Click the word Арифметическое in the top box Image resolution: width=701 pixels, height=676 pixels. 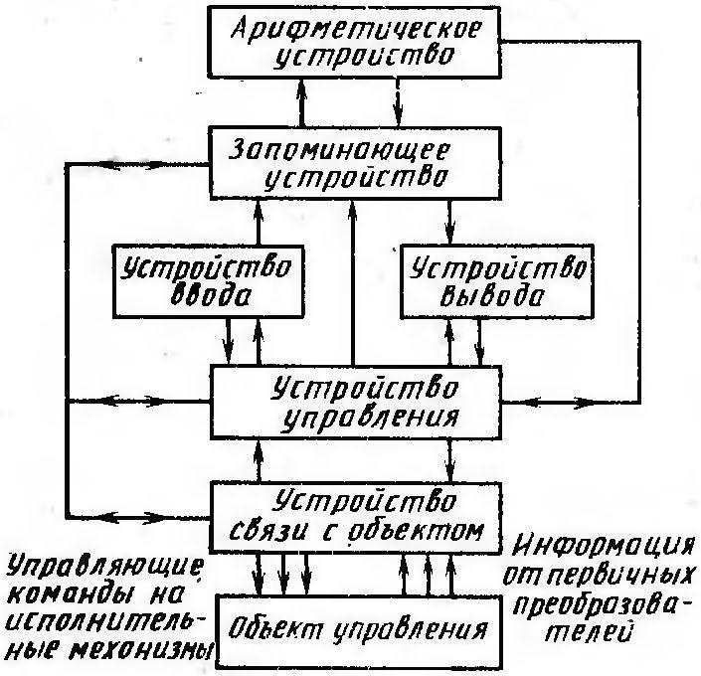(x=357, y=29)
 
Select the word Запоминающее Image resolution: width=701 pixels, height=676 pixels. (x=338, y=151)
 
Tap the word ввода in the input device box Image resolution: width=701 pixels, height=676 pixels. (x=210, y=295)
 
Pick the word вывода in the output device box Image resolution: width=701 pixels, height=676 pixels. (x=492, y=295)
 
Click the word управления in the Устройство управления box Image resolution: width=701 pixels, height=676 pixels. (x=369, y=419)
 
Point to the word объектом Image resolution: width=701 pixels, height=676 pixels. (x=415, y=531)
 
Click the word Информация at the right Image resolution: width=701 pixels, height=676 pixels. (x=604, y=547)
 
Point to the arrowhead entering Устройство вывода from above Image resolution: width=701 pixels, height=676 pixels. (x=449, y=235)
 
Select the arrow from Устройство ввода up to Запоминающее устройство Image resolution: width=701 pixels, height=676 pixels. (x=258, y=223)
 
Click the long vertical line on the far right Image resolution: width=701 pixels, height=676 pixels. (x=639, y=222)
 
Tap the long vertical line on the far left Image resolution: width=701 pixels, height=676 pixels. (x=67, y=341)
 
